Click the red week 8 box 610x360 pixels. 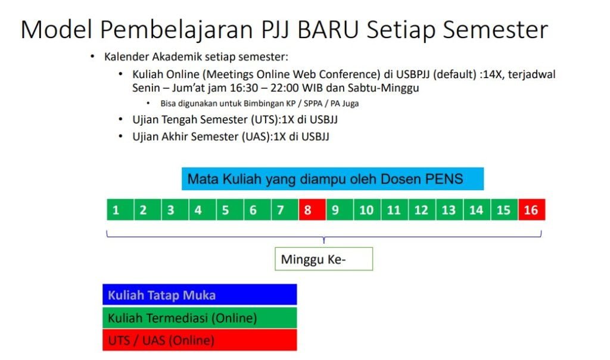pyautogui.click(x=312, y=210)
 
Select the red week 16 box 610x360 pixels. pyautogui.click(x=532, y=210)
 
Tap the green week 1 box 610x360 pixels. pyautogui.click(x=120, y=210)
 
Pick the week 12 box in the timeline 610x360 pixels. pyautogui.click(x=422, y=210)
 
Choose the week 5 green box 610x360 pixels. pyautogui.click(x=230, y=210)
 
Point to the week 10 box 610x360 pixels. pyautogui.click(x=367, y=210)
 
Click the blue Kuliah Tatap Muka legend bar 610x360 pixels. pyautogui.click(x=200, y=294)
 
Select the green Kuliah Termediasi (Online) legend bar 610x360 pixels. pyautogui.click(x=200, y=318)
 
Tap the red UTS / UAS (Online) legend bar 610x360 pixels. pyautogui.click(x=200, y=340)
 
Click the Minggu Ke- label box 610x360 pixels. pyautogui.click(x=323, y=259)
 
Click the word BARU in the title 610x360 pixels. pyautogui.click(x=328, y=30)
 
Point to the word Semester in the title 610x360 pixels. pyautogui.click(x=496, y=30)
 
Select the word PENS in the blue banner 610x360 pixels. pyautogui.click(x=444, y=179)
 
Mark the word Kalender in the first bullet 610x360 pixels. pyautogui.click(x=127, y=57)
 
